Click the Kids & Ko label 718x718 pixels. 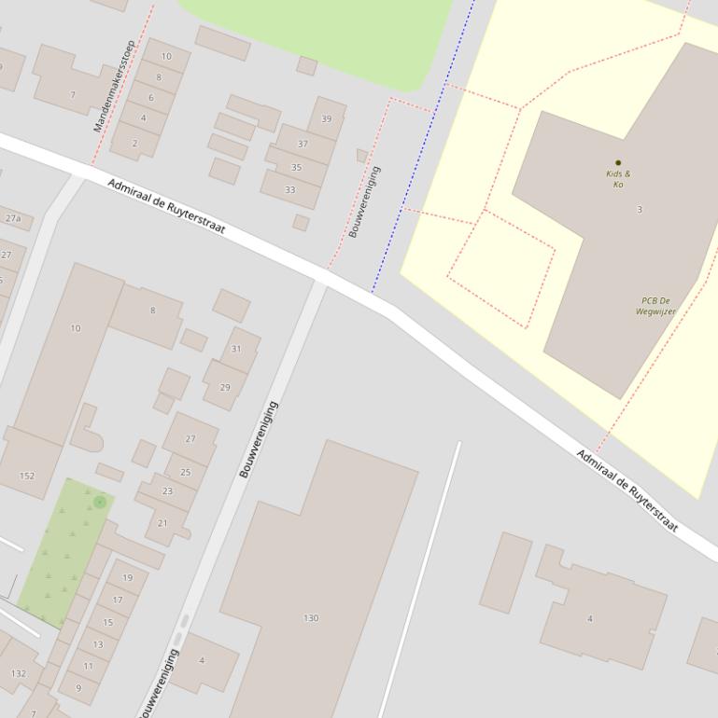[x=618, y=179]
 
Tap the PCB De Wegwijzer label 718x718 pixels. [x=655, y=306]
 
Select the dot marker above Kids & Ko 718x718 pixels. [x=618, y=163]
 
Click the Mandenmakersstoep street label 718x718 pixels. [x=114, y=86]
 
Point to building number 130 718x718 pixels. [x=311, y=618]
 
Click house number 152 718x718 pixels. [x=27, y=476]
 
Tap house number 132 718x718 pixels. [x=19, y=673]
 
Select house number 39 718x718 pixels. [x=326, y=119]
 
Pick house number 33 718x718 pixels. [x=290, y=190]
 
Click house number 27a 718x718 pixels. [x=13, y=219]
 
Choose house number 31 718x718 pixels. [x=236, y=350]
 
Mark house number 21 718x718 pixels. [x=162, y=523]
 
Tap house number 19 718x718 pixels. [x=128, y=578]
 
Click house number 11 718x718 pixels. [x=89, y=666]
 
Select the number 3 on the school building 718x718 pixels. [x=640, y=210]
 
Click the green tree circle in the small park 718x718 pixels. [x=100, y=503]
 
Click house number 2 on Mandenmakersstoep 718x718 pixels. [x=134, y=144]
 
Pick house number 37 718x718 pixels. [x=303, y=145]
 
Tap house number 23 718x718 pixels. [x=168, y=491]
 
